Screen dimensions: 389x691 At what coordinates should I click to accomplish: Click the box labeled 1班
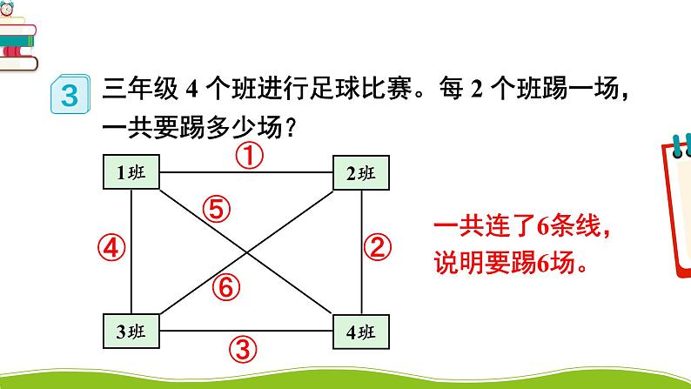[131, 172]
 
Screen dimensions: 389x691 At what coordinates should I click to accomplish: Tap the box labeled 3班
[131, 332]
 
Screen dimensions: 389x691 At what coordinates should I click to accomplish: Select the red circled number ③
[245, 350]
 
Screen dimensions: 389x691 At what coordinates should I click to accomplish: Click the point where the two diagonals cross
[246, 252]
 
